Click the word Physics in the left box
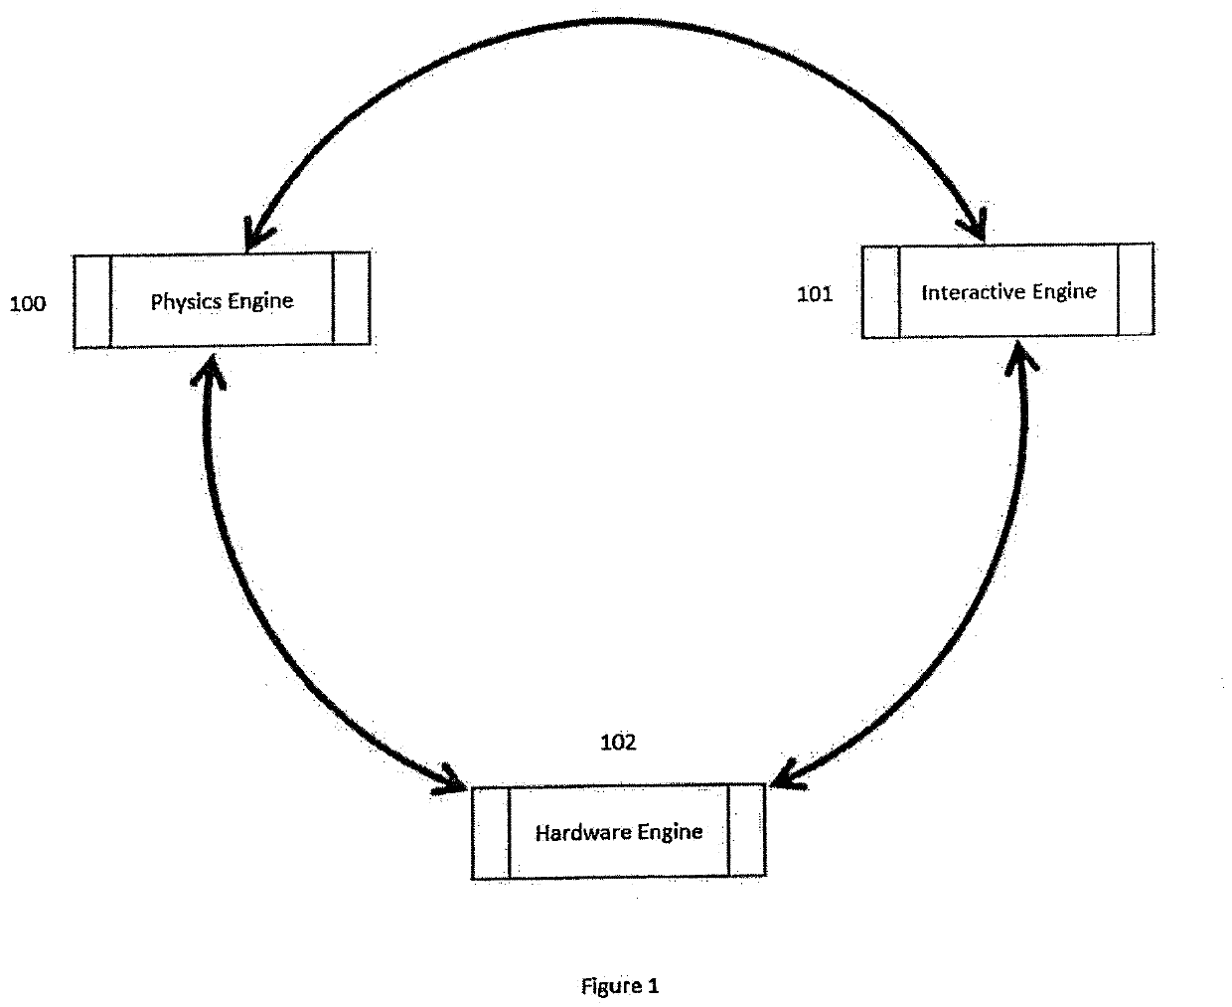(x=186, y=301)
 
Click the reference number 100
(x=28, y=304)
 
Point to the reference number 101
(x=815, y=294)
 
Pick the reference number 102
(x=618, y=743)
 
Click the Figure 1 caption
(x=619, y=986)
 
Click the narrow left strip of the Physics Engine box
(x=92, y=301)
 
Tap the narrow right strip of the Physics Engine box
(x=351, y=299)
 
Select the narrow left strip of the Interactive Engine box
(x=880, y=292)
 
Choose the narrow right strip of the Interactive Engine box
(x=1136, y=289)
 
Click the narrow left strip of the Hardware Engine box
(x=491, y=833)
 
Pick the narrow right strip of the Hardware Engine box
(x=746, y=830)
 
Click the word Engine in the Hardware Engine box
(x=671, y=832)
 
